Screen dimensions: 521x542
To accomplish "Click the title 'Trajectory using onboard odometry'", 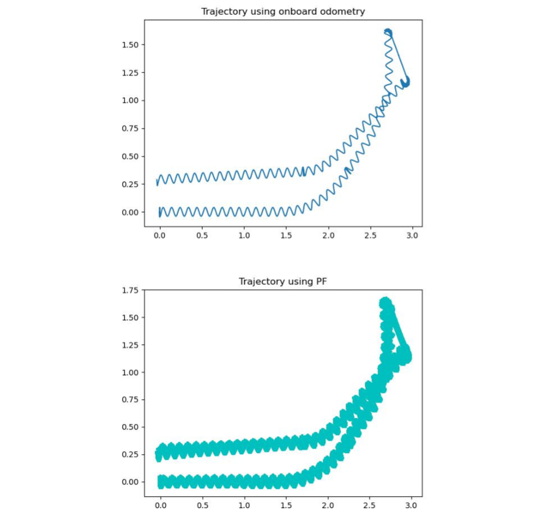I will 283,11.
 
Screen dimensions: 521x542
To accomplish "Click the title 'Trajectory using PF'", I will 283,281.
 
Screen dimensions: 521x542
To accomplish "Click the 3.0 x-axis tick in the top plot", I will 412,236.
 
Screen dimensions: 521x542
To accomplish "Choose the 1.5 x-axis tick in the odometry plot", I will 286,236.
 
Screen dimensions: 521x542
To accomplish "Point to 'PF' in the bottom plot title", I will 321,281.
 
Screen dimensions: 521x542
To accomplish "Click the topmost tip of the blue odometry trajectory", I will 387,29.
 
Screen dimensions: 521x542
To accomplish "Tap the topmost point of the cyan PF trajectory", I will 385,300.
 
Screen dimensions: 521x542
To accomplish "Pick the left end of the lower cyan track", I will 161,481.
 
